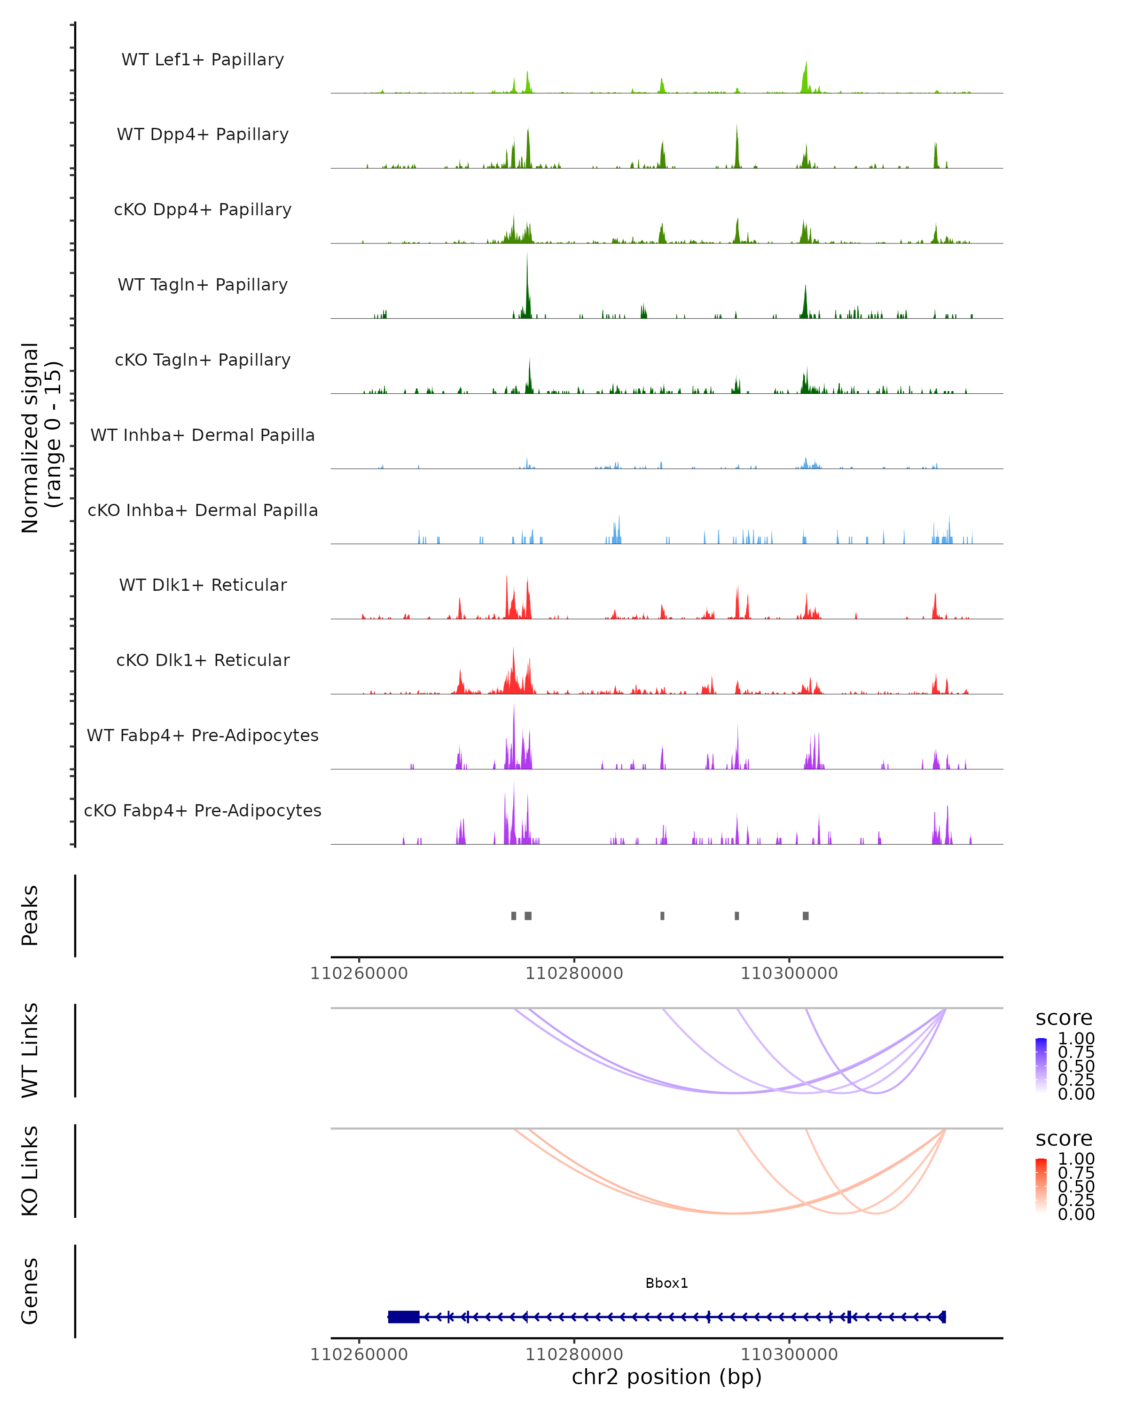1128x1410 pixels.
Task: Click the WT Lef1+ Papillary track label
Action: (203, 60)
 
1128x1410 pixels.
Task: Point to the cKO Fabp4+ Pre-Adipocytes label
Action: (203, 810)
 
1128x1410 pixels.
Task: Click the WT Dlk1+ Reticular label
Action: (203, 585)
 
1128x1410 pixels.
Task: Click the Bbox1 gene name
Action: (666, 1283)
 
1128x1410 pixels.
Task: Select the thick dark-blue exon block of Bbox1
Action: (403, 1317)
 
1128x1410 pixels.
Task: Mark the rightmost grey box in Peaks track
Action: (806, 916)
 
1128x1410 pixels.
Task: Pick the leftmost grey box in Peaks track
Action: (513, 916)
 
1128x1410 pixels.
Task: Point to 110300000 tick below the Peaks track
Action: (789, 973)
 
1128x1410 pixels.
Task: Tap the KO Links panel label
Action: (30, 1171)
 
